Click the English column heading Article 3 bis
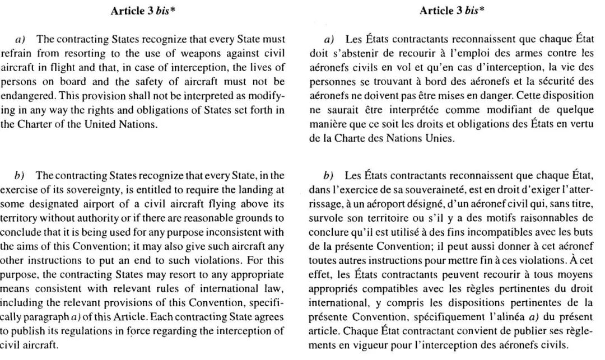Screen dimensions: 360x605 (143, 11)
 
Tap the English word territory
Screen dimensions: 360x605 (16, 218)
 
